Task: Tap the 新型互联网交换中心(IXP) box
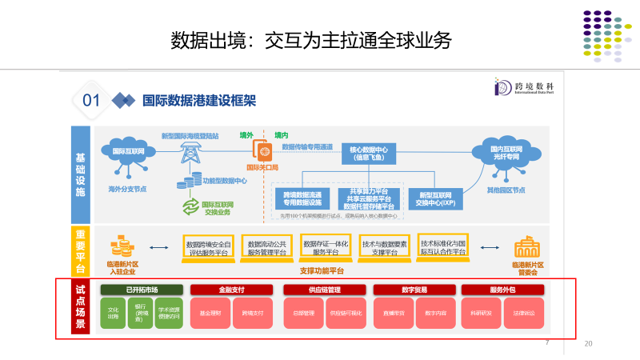(x=436, y=198)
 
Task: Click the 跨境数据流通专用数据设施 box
(x=302, y=198)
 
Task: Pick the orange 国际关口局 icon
(x=262, y=150)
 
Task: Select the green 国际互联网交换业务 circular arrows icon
(x=190, y=208)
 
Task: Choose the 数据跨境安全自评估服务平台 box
(x=207, y=248)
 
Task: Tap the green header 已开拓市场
(x=142, y=290)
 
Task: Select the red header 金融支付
(x=232, y=290)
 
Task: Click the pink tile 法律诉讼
(x=523, y=313)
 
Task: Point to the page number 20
(x=589, y=344)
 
